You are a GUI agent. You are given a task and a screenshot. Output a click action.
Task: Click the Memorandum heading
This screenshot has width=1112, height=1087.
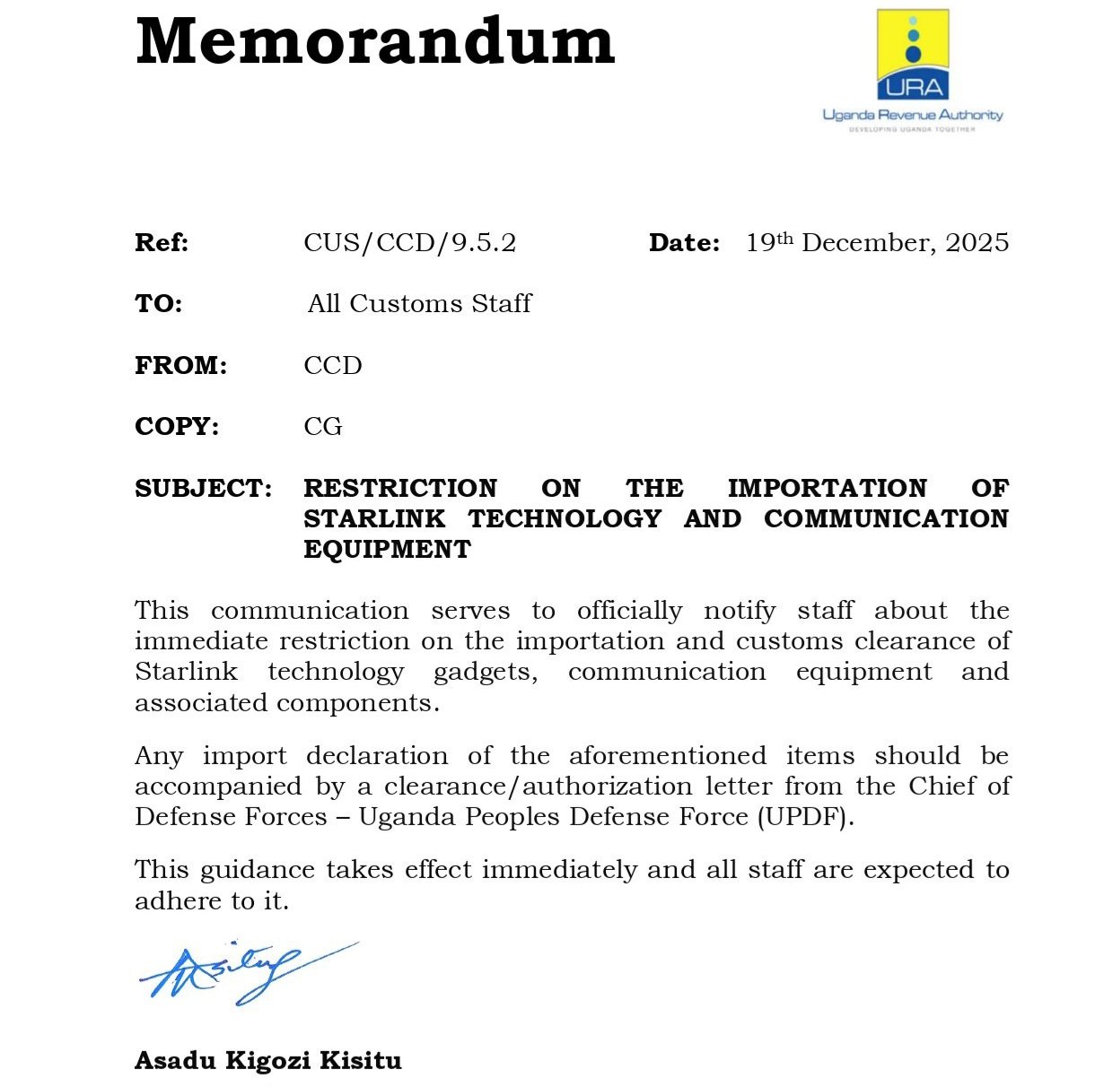(375, 41)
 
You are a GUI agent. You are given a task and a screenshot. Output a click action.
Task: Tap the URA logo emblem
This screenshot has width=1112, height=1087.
(913, 55)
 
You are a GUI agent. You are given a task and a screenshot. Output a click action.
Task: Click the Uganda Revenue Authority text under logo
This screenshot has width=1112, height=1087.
(913, 115)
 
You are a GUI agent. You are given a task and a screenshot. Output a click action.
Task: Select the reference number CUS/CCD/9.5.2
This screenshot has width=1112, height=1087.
(409, 243)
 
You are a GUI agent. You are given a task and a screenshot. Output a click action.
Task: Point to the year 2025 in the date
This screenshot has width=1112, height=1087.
(976, 243)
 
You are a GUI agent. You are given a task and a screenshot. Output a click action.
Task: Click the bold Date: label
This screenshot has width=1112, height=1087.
(684, 243)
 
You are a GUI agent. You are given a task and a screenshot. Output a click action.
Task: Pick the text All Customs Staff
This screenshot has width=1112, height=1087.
(419, 304)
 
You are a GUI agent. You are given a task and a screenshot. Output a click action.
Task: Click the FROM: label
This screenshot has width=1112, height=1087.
(180, 366)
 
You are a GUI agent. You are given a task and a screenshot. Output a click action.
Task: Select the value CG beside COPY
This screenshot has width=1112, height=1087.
(323, 427)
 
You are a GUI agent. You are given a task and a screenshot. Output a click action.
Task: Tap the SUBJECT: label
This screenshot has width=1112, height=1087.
(204, 489)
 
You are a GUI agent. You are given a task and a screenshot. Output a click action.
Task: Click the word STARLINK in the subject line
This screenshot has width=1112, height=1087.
(374, 519)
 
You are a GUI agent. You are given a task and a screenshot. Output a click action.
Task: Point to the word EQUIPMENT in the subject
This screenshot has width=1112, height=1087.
(387, 550)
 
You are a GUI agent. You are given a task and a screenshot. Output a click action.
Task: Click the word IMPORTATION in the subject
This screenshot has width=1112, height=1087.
(827, 489)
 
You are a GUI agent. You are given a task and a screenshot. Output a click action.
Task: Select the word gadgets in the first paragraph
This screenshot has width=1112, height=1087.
(486, 673)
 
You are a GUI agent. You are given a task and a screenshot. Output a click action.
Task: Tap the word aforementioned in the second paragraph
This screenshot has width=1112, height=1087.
(667, 756)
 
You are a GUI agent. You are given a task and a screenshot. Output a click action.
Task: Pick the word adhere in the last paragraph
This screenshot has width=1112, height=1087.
(179, 900)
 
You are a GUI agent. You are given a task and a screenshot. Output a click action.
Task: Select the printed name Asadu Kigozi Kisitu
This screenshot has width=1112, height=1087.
(267, 1061)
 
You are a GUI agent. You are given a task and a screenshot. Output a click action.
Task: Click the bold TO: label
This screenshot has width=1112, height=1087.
(158, 304)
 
